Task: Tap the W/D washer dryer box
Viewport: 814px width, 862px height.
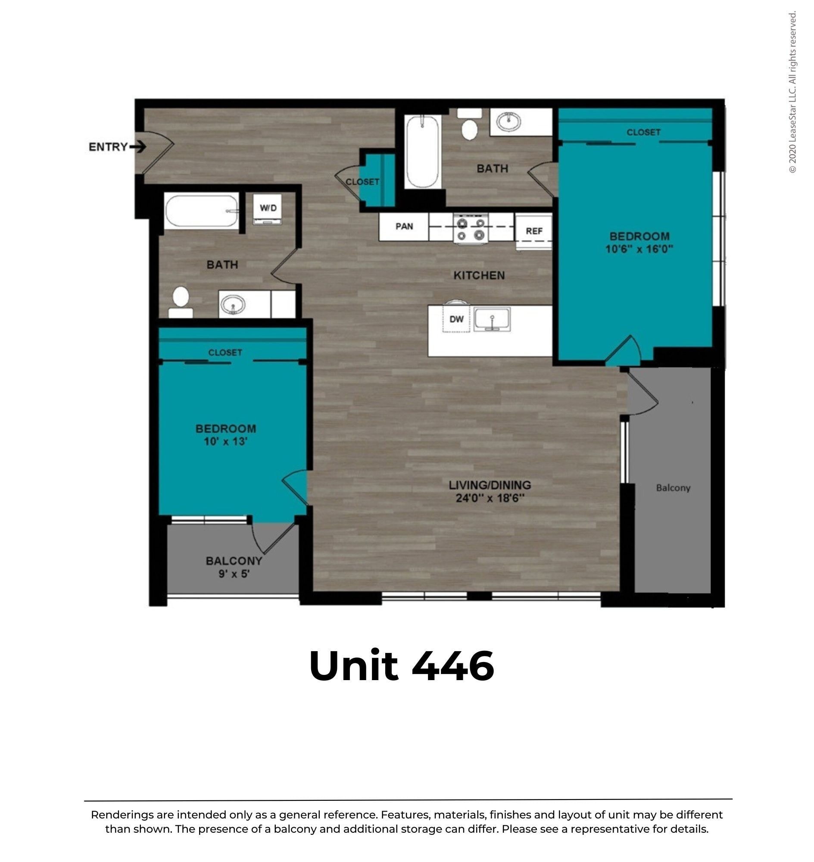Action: click(268, 209)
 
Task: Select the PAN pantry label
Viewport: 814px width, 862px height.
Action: click(404, 226)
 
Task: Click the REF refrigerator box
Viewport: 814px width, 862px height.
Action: click(534, 231)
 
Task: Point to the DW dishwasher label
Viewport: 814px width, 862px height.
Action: click(456, 319)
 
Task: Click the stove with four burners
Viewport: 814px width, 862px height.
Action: click(471, 229)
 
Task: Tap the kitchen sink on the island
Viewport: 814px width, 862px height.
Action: click(492, 319)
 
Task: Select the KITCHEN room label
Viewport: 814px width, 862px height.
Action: click(479, 275)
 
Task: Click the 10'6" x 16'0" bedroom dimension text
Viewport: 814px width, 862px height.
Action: click(639, 249)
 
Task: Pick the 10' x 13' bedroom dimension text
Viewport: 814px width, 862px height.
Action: click(226, 441)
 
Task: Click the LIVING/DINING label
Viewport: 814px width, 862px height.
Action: click(490, 485)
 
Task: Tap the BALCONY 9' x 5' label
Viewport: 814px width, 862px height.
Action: click(234, 567)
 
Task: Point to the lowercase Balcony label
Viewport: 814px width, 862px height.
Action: click(673, 488)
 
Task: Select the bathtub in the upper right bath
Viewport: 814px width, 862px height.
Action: click(422, 151)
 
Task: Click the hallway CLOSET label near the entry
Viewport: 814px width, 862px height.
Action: click(362, 182)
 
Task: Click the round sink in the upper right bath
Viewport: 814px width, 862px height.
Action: click(508, 122)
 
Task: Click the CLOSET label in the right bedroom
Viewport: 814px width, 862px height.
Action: click(643, 132)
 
